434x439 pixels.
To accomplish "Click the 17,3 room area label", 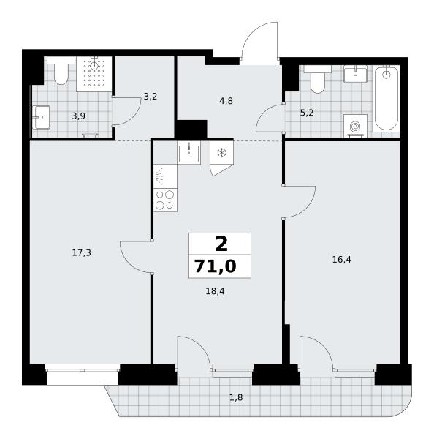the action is (x=82, y=253).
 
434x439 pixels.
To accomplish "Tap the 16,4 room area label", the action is (x=341, y=260).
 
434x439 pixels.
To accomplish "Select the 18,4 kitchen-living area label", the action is (x=215, y=291).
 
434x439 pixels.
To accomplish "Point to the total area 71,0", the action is (x=216, y=266).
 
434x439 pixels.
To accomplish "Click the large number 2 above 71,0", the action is (x=221, y=244).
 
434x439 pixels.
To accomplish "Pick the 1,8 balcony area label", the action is (x=236, y=397).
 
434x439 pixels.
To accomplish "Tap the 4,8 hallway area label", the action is (x=226, y=101).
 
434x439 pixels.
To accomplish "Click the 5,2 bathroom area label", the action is (x=307, y=113).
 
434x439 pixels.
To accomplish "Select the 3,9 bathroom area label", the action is (x=79, y=116).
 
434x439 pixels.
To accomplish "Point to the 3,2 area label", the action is (x=151, y=97).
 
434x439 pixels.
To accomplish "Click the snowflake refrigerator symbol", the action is (x=222, y=153).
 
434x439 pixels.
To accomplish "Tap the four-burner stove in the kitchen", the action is (x=165, y=200).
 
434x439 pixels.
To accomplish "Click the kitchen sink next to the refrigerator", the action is (x=189, y=153).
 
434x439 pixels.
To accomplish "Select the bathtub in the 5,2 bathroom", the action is (x=387, y=98).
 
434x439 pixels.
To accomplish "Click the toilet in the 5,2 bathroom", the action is (x=317, y=79).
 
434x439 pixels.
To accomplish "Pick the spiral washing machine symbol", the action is (x=355, y=126).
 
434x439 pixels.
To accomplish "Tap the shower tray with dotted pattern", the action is (x=94, y=74).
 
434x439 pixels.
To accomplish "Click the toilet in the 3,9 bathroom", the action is (x=61, y=70).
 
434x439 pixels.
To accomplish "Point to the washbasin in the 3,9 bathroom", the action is (x=41, y=117).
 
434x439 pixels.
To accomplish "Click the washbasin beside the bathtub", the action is (x=355, y=74).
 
